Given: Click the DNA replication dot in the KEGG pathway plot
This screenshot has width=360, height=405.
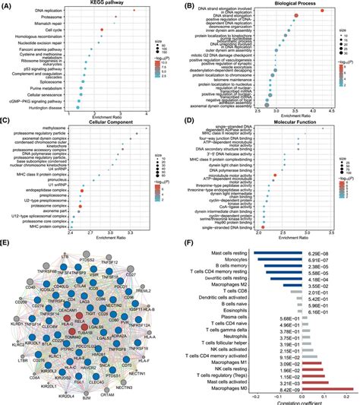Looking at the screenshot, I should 134,11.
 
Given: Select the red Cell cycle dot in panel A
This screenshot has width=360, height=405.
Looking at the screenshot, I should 103,29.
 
